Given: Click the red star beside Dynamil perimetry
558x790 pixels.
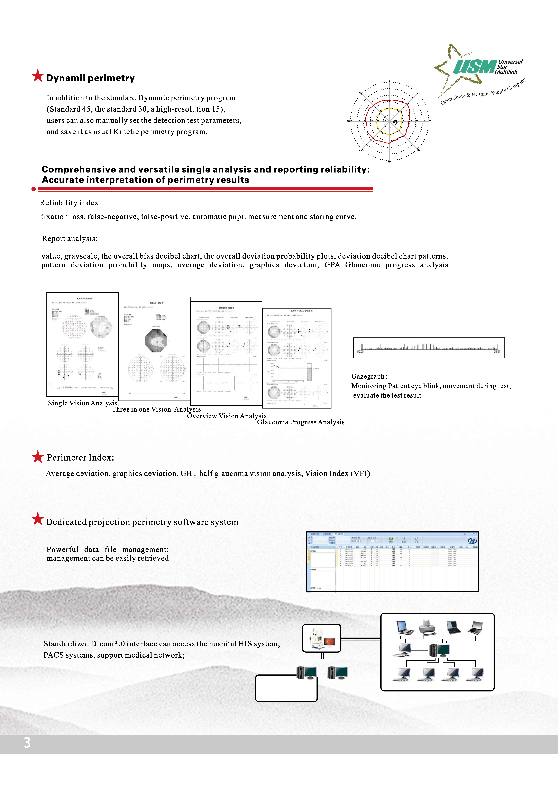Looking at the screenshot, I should (x=37, y=76).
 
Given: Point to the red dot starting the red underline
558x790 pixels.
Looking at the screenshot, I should (x=33, y=189).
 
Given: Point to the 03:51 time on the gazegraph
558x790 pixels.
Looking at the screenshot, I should (x=497, y=352).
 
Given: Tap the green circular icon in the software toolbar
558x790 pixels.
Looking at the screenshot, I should (x=391, y=539).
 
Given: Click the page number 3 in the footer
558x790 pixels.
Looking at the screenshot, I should (x=27, y=743).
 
